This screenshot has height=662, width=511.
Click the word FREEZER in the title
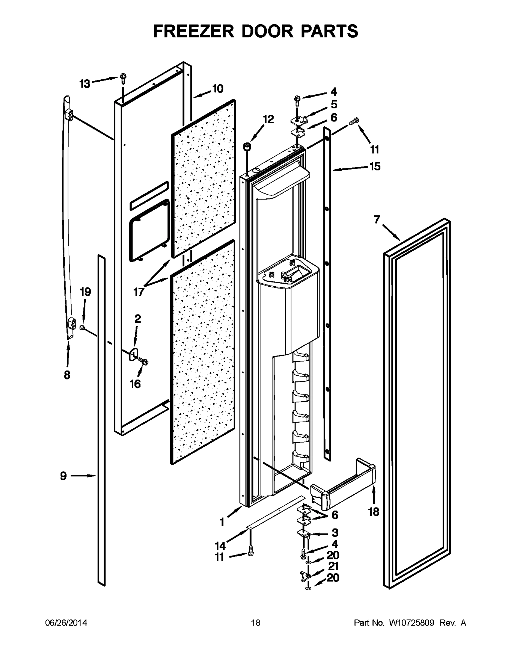[194, 31]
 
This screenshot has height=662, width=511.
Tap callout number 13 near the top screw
[85, 84]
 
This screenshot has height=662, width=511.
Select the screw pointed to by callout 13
[123, 78]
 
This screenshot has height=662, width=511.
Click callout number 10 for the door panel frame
[217, 89]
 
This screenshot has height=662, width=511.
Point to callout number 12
[268, 119]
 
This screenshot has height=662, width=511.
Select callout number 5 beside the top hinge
[334, 105]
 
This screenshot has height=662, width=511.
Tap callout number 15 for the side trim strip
[375, 166]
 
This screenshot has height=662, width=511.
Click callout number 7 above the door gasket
[377, 220]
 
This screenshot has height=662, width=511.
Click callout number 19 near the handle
[85, 292]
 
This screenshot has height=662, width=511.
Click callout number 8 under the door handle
[67, 375]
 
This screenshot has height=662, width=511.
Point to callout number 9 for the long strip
[63, 476]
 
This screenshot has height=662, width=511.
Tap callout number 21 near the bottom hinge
[333, 566]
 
